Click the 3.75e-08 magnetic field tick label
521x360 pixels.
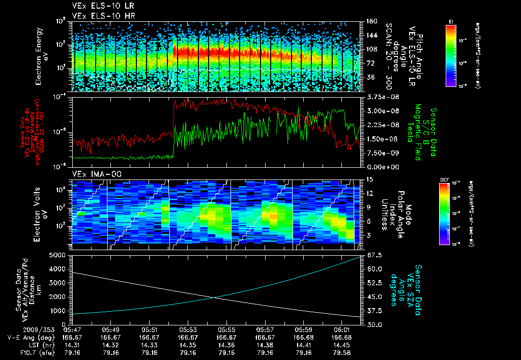(379, 97)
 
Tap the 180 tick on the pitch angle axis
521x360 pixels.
(370, 21)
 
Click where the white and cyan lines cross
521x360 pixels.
(216, 297)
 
